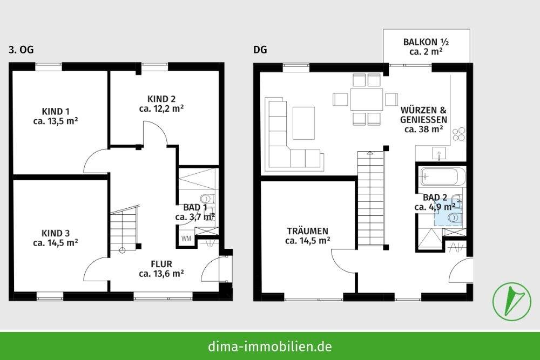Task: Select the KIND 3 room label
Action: (55, 238)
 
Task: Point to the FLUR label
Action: (161, 269)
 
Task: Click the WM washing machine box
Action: (186, 238)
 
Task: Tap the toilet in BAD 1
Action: (206, 199)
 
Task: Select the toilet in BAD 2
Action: (454, 217)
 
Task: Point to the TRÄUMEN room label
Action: (307, 236)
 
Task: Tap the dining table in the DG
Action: (366, 99)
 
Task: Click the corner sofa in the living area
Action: (286, 140)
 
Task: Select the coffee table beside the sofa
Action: (304, 123)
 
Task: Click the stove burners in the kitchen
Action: (458, 134)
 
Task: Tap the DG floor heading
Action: (260, 50)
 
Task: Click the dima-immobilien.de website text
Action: (269, 346)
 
